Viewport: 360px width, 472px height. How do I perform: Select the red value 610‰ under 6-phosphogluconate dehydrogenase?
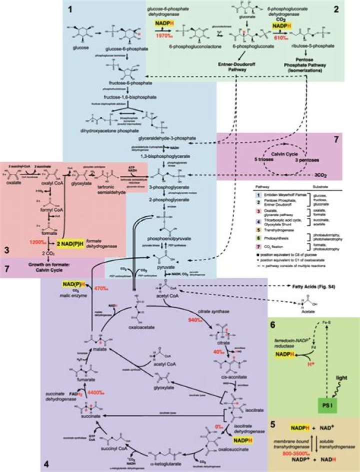[283, 36]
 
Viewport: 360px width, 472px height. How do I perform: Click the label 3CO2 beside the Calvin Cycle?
[331, 176]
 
